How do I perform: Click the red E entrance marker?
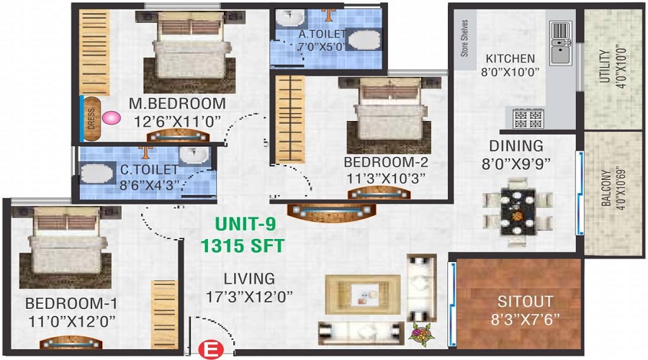pyautogui.click(x=211, y=350)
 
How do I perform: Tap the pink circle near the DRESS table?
pyautogui.click(x=111, y=118)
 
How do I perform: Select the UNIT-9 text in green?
pyautogui.click(x=246, y=224)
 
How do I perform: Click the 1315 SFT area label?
pyautogui.click(x=243, y=246)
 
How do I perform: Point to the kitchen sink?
pyautogui.click(x=561, y=43)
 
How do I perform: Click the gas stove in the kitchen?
pyautogui.click(x=528, y=118)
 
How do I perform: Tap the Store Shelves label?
pyautogui.click(x=465, y=38)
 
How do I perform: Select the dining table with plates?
pyautogui.click(x=518, y=212)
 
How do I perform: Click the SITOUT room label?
pyautogui.click(x=526, y=301)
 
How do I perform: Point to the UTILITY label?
pyautogui.click(x=605, y=66)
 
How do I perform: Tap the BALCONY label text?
pyautogui.click(x=606, y=188)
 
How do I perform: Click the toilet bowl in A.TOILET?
pyautogui.click(x=364, y=40)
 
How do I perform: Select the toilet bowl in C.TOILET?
pyautogui.click(x=97, y=174)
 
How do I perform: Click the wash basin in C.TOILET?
pyautogui.click(x=194, y=156)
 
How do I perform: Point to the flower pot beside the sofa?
pyautogui.click(x=420, y=333)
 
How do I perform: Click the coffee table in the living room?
pyautogui.click(x=362, y=294)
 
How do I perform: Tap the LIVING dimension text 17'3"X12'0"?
pyautogui.click(x=249, y=297)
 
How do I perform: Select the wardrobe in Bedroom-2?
pyautogui.click(x=290, y=119)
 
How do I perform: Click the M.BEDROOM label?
pyautogui.click(x=177, y=104)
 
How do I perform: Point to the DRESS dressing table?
pyautogui.click(x=91, y=119)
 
